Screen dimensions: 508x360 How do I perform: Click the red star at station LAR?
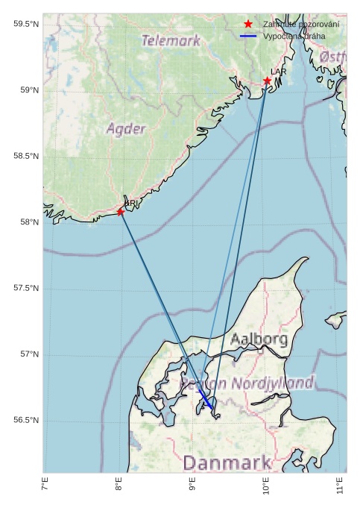[x=267, y=81]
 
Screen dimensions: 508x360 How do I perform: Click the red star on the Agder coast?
[x=121, y=212]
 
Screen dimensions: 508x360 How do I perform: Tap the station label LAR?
[x=278, y=72]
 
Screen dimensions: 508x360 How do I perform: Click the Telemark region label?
[x=171, y=40]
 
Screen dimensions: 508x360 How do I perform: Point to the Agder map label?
[x=126, y=128]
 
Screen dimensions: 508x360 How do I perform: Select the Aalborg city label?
[x=259, y=339]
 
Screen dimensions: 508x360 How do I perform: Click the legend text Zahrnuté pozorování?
[x=301, y=25]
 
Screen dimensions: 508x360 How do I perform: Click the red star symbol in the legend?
[x=248, y=25]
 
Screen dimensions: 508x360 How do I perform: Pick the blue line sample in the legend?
[x=248, y=36]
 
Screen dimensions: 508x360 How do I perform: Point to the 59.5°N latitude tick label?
[x=26, y=25]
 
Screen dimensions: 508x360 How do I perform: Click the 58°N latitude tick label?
[x=28, y=222]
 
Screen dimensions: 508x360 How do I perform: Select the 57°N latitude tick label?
[x=28, y=354]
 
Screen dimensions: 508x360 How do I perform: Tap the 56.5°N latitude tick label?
[x=26, y=420]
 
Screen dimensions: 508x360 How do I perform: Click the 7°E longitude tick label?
[x=45, y=487]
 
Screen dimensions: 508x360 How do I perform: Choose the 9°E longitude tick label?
[x=192, y=487]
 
